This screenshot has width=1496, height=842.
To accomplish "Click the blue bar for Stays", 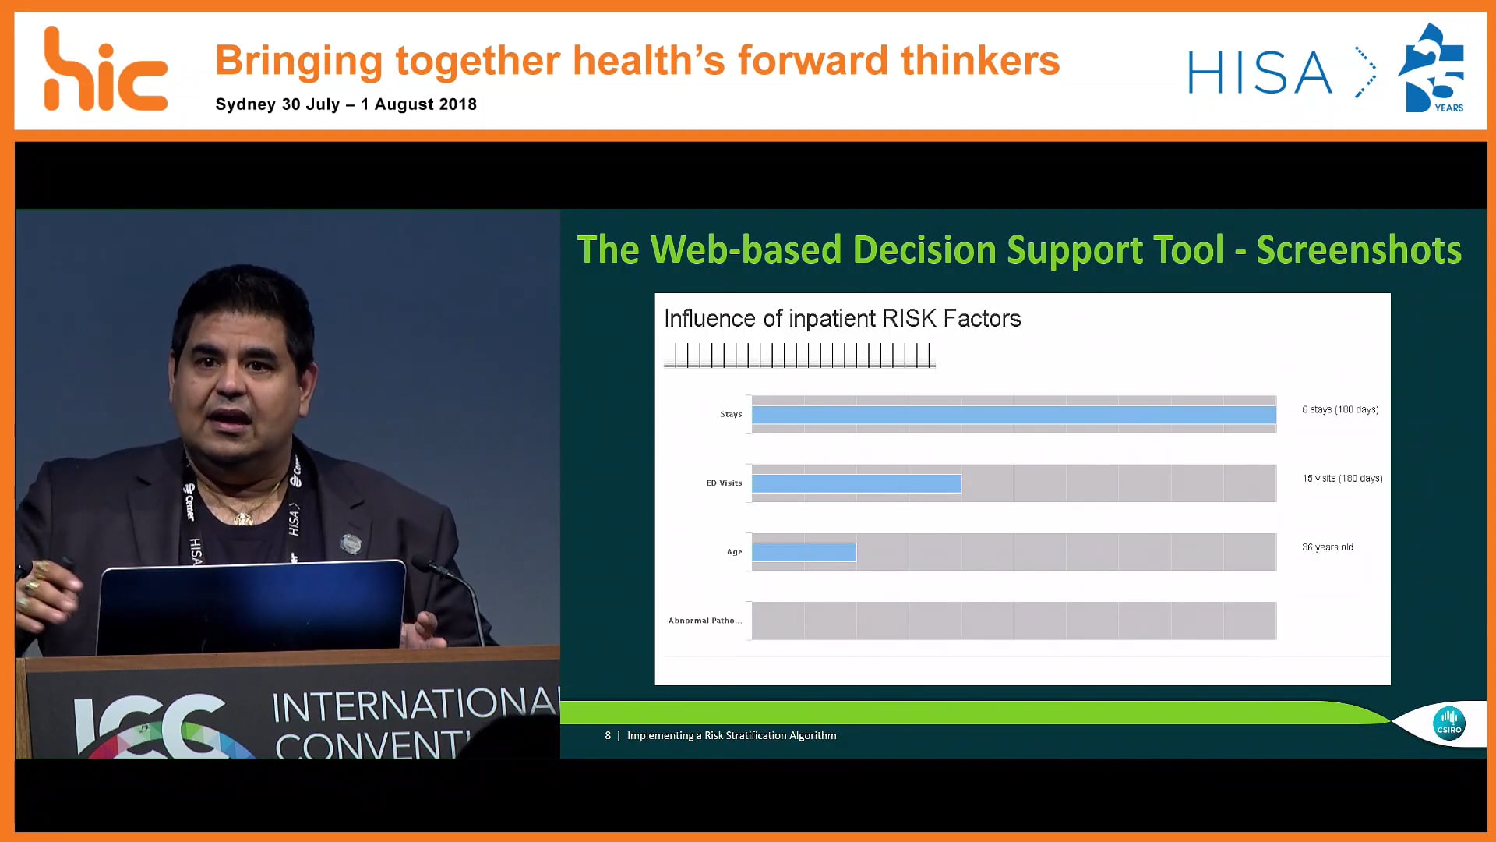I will tap(1013, 415).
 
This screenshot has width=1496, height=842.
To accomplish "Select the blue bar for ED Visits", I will tap(856, 483).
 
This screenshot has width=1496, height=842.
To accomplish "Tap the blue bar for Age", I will tap(803, 552).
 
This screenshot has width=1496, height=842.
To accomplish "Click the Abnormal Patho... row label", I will tap(704, 621).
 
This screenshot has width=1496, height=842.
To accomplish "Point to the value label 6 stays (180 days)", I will tap(1339, 409).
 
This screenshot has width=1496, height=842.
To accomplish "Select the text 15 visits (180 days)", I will tap(1342, 478).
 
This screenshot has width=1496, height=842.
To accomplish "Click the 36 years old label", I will tap(1327, 547).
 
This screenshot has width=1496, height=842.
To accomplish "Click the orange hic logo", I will tap(104, 70).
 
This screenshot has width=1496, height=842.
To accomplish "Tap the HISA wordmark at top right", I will tap(1260, 73).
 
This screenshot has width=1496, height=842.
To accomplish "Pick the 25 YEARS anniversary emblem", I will tap(1432, 69).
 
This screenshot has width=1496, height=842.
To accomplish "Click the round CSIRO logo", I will tap(1448, 723).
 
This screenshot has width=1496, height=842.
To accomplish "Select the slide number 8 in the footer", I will tap(608, 735).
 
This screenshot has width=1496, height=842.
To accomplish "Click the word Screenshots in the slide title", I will tap(1358, 250).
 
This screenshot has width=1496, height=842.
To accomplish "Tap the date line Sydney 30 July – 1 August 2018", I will tap(345, 104).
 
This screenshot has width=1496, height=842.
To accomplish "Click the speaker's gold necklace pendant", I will tap(244, 518).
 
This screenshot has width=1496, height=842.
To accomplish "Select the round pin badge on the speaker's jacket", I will tap(351, 543).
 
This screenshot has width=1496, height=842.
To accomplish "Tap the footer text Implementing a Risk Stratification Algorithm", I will tap(731, 735).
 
